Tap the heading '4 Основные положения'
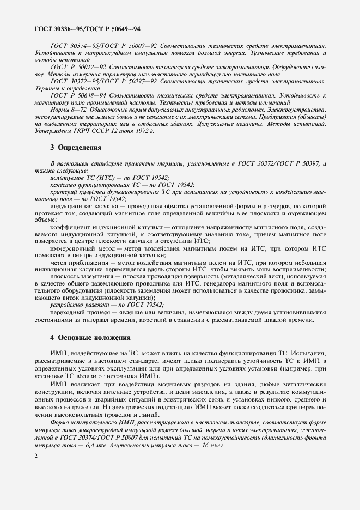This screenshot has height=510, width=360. (90, 337)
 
